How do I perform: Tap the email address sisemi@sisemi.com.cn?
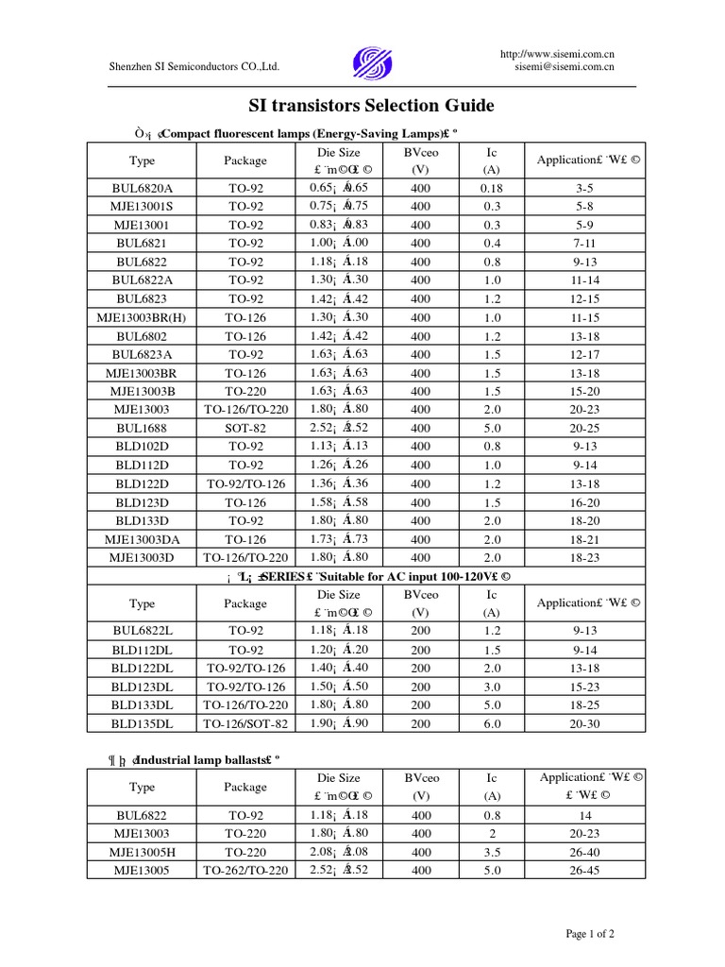[x=565, y=67]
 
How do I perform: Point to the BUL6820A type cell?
[x=143, y=188]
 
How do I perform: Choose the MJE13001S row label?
[x=143, y=206]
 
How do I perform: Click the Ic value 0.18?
[x=492, y=188]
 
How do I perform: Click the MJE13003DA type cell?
[x=143, y=538]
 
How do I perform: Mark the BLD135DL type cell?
[x=143, y=723]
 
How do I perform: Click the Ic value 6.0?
[x=492, y=723]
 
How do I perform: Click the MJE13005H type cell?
[x=143, y=852]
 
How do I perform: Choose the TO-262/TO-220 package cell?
[x=246, y=871]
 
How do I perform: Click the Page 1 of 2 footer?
[x=590, y=934]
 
